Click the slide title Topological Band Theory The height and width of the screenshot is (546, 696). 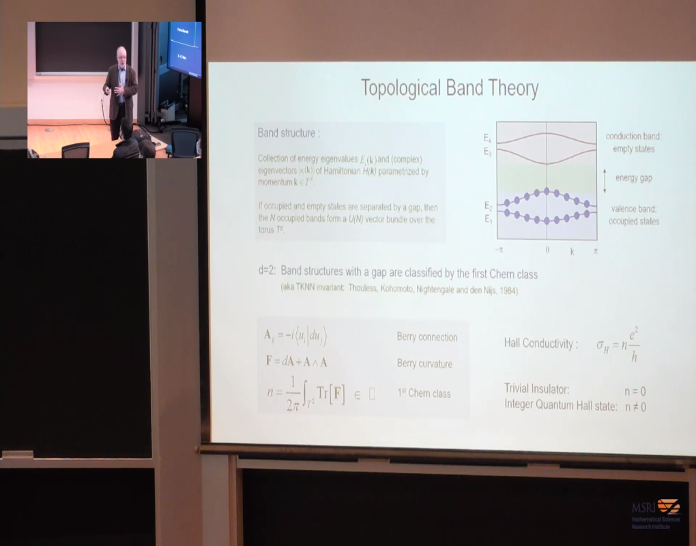[x=449, y=89]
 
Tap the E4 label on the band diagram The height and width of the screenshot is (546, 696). [x=488, y=136]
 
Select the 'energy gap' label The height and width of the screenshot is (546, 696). [x=633, y=178]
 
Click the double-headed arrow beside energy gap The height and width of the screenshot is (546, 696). [x=605, y=179]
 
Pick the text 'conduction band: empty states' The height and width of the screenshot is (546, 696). [x=633, y=142]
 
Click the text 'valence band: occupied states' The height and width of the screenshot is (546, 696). [x=633, y=215]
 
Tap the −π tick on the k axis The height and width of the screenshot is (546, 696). [x=499, y=251]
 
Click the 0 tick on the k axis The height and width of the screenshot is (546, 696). [x=547, y=251]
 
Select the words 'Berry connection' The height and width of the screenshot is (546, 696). [x=427, y=336]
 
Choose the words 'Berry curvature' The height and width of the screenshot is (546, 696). [x=424, y=364]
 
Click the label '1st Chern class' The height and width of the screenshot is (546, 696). [x=424, y=393]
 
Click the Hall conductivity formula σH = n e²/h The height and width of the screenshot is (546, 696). [x=618, y=345]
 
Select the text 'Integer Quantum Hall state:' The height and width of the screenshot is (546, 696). [x=560, y=405]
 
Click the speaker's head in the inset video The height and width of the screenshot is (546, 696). [x=120, y=55]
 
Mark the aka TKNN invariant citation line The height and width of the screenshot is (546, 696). [x=398, y=290]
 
